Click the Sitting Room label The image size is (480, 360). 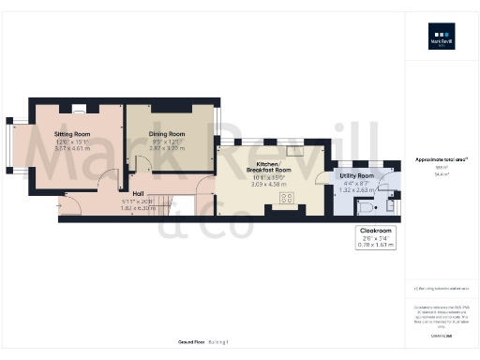coord(75,134)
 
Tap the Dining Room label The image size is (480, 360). coord(166,134)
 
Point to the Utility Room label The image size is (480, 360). coord(358,175)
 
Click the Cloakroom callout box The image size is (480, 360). coord(377,236)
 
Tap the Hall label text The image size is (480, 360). coord(137,193)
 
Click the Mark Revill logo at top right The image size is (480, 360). coord(441,43)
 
